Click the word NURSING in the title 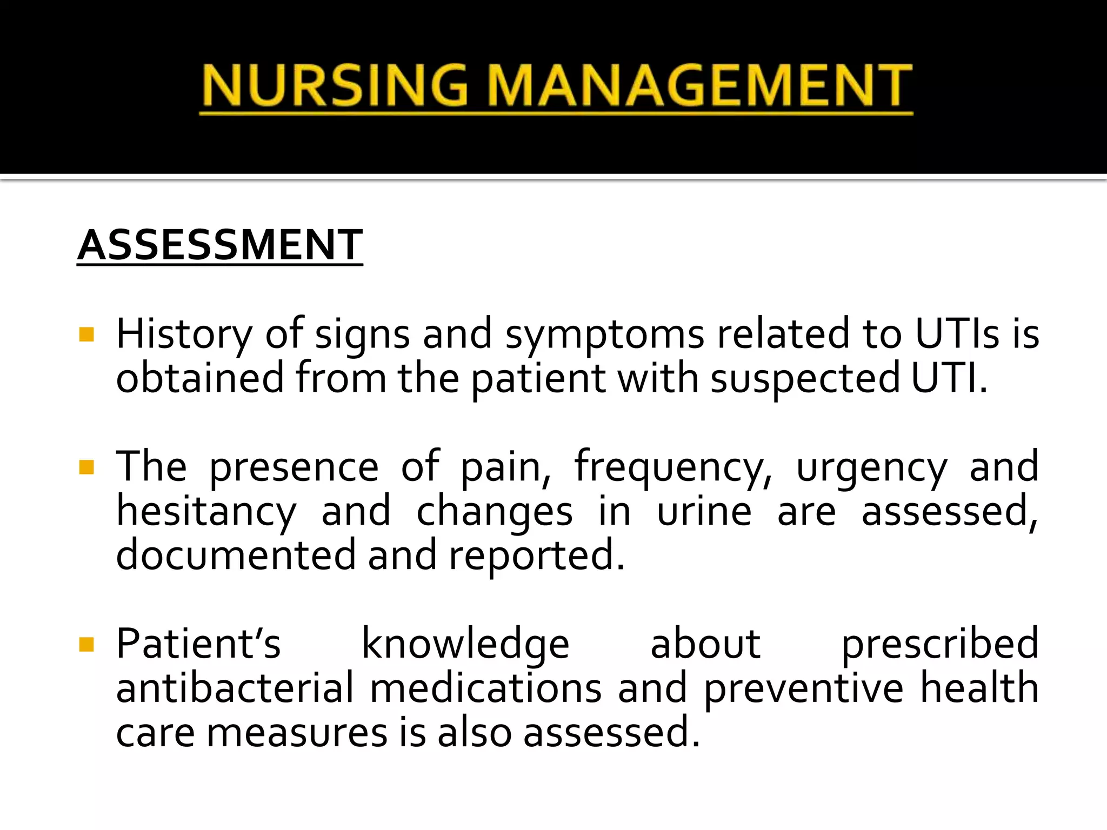(335, 85)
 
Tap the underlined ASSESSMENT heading (220, 245)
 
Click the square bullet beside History (86, 335)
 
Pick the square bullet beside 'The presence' (86, 467)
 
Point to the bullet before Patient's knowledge (86, 644)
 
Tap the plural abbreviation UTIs (957, 334)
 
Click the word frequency (673, 468)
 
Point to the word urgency (871, 468)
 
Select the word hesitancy (206, 512)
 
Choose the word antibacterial (235, 688)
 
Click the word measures (297, 734)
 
